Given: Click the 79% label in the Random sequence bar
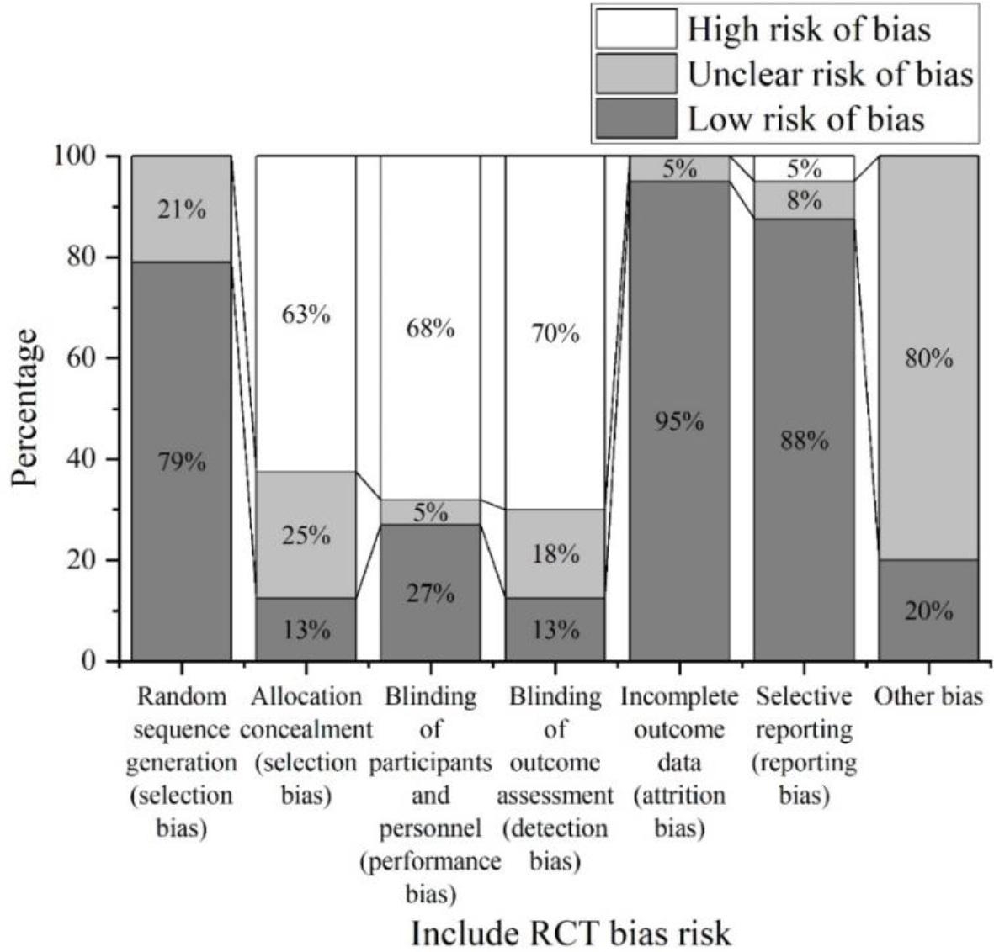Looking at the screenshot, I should [x=182, y=462].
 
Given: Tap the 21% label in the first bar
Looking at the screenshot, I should [x=182, y=209].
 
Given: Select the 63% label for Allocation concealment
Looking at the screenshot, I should [x=306, y=315].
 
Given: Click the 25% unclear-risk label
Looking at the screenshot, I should [x=306, y=535].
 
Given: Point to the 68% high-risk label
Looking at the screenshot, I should [x=431, y=327].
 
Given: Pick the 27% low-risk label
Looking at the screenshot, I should [x=431, y=594].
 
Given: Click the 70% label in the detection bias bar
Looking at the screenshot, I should [x=555, y=334].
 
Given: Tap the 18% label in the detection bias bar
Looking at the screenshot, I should [x=555, y=553].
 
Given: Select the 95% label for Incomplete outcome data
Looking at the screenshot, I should [x=679, y=421].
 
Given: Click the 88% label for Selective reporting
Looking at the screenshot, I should [x=804, y=440].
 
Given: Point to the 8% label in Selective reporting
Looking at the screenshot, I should [x=804, y=201].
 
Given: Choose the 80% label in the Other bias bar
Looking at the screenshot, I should [x=928, y=359].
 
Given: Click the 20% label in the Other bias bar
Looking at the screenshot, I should [x=928, y=611].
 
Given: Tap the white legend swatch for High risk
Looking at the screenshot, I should [x=635, y=29].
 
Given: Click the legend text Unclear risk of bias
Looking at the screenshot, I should [x=830, y=74].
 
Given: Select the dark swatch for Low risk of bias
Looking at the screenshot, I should [x=635, y=119].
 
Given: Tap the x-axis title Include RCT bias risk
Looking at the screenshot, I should [x=571, y=933].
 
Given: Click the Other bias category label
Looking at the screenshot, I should [x=928, y=697].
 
